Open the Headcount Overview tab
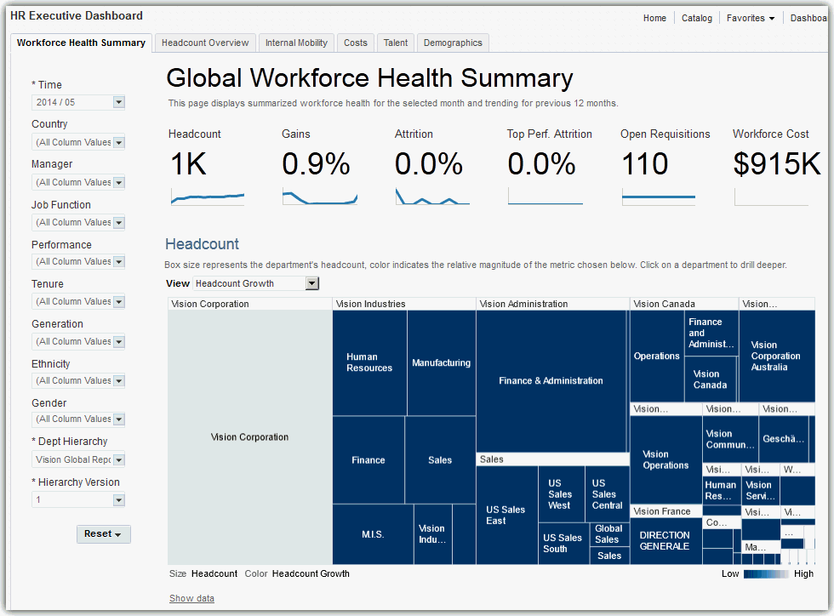coord(205,43)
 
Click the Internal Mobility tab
coord(296,43)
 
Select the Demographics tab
coord(453,43)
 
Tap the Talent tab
coord(395,43)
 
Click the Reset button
coord(103,533)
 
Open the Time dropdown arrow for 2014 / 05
coord(119,102)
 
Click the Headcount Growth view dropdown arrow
coord(312,283)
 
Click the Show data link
coord(191,598)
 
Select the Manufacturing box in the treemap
coord(441,362)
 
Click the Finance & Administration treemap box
coord(551,380)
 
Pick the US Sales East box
coord(507,515)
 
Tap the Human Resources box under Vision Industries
coord(369,362)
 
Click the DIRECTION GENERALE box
coord(665,540)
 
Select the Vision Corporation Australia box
coord(775,356)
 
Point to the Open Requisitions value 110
coord(644,163)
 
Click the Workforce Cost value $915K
coord(776,163)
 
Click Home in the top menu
coord(654,18)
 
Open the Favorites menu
coord(750,18)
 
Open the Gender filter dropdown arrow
coord(119,419)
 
